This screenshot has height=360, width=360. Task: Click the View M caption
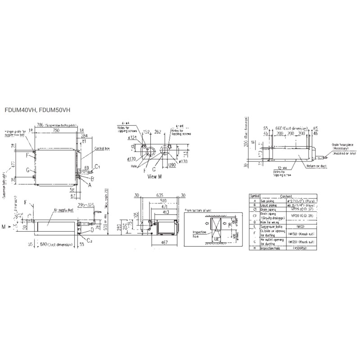click(x=154, y=177)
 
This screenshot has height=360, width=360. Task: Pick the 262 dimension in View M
click(x=158, y=132)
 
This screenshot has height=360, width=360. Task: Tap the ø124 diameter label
click(x=132, y=137)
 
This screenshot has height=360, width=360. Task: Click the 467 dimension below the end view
click(x=159, y=242)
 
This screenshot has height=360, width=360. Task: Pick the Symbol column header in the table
click(x=255, y=196)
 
